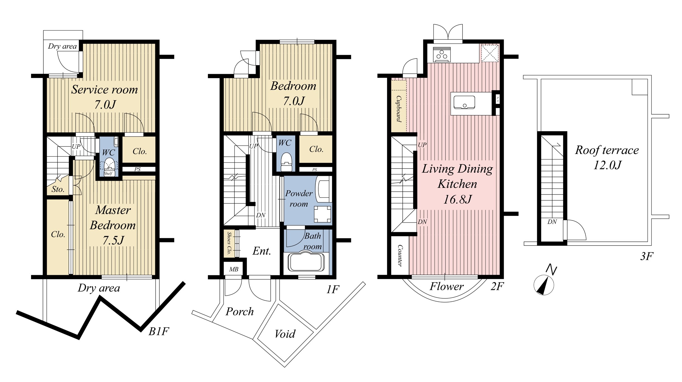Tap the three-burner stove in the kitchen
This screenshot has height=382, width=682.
coord(442,54)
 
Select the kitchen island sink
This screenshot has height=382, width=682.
coord(464,102)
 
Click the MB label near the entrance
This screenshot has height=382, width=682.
coord(234,269)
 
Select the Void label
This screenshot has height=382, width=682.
coord(285,334)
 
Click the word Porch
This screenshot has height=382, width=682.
coord(240,312)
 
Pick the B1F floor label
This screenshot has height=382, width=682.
coord(158,331)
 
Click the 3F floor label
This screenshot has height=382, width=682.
coord(647,256)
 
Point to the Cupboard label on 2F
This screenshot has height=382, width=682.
coord(399,109)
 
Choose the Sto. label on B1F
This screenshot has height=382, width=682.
coord(58,189)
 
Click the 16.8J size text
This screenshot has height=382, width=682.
coord(458,199)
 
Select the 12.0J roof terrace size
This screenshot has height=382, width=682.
coord(607,165)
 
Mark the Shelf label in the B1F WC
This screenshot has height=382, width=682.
coord(108,174)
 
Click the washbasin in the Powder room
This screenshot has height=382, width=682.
coord(323,190)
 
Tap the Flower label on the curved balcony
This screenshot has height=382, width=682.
coord(446,286)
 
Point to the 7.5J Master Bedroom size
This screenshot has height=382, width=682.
coord(113,240)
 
